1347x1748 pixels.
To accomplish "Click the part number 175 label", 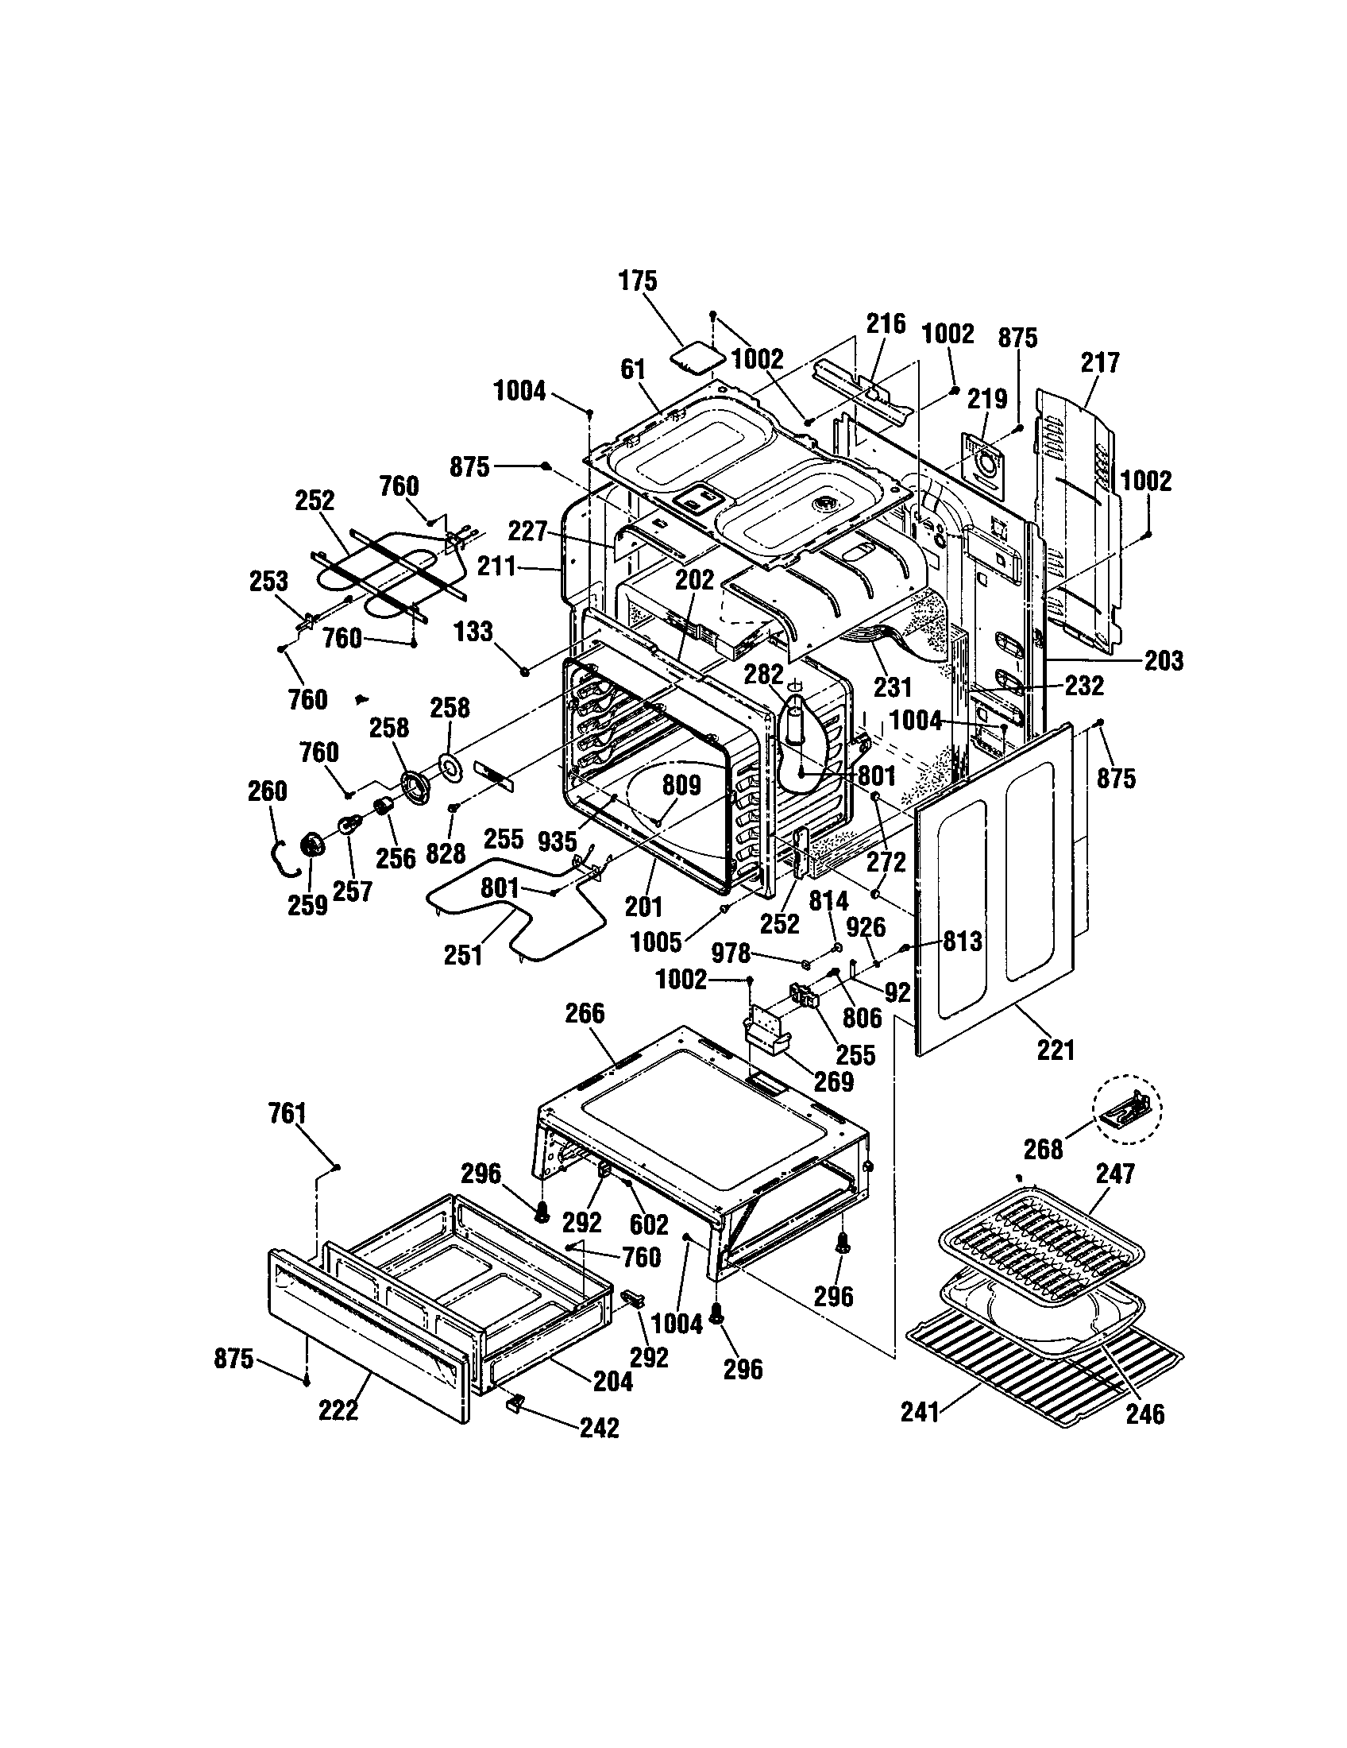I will click(x=638, y=282).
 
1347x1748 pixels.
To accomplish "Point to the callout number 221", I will click(x=1055, y=1050).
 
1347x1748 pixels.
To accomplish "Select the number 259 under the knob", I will click(x=307, y=905).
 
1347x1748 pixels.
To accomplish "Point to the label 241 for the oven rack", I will click(x=919, y=1413).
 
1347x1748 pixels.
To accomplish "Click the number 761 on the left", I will click(x=288, y=1113).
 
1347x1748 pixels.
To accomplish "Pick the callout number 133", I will click(x=473, y=632).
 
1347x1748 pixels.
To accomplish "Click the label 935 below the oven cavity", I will click(x=557, y=841).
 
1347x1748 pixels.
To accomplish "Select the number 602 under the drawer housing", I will click(x=648, y=1224).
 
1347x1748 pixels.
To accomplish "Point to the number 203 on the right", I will click(x=1163, y=660).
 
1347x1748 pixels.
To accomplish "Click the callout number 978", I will click(x=731, y=953).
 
